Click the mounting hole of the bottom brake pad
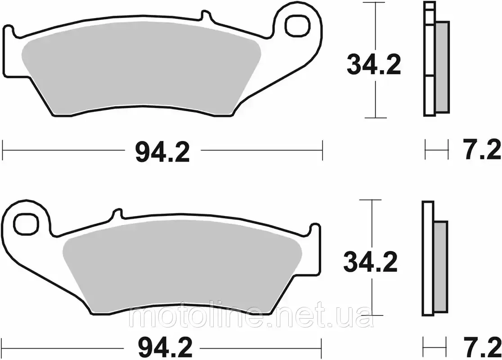[25, 222]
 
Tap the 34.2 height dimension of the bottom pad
[371, 262]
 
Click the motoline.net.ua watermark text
[250, 318]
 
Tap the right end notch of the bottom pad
[315, 228]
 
